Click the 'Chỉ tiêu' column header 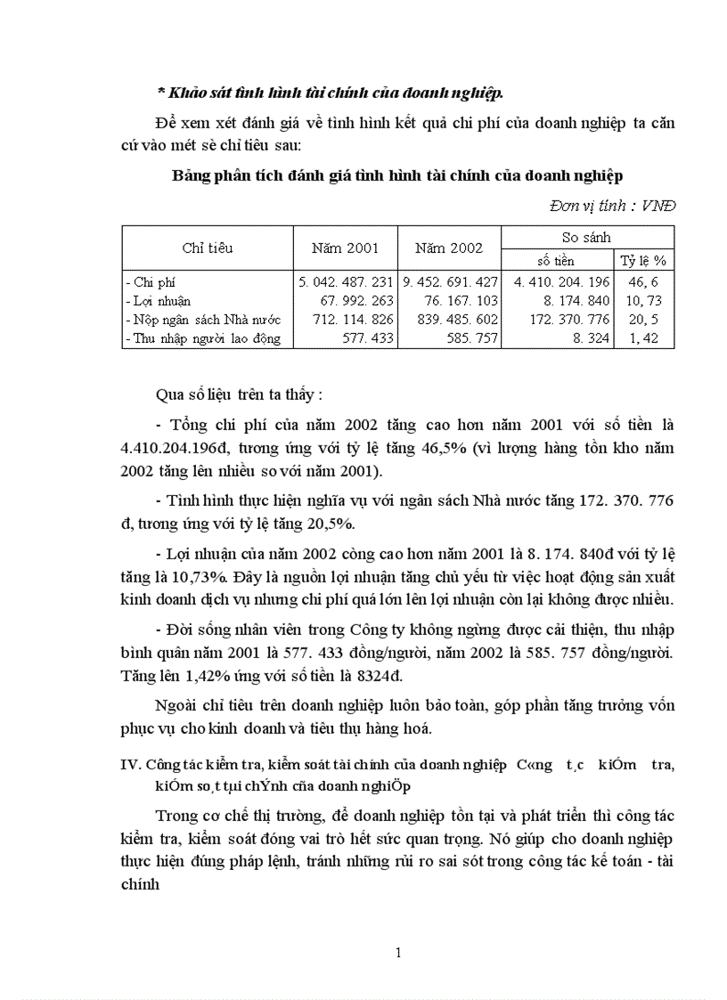click(x=208, y=248)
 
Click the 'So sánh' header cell click(x=587, y=237)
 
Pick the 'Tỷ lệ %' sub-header click(x=642, y=260)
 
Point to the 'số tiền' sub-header click(x=556, y=260)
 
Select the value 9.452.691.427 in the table click(x=450, y=281)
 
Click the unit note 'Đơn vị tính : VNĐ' click(x=612, y=205)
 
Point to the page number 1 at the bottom click(x=397, y=953)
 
